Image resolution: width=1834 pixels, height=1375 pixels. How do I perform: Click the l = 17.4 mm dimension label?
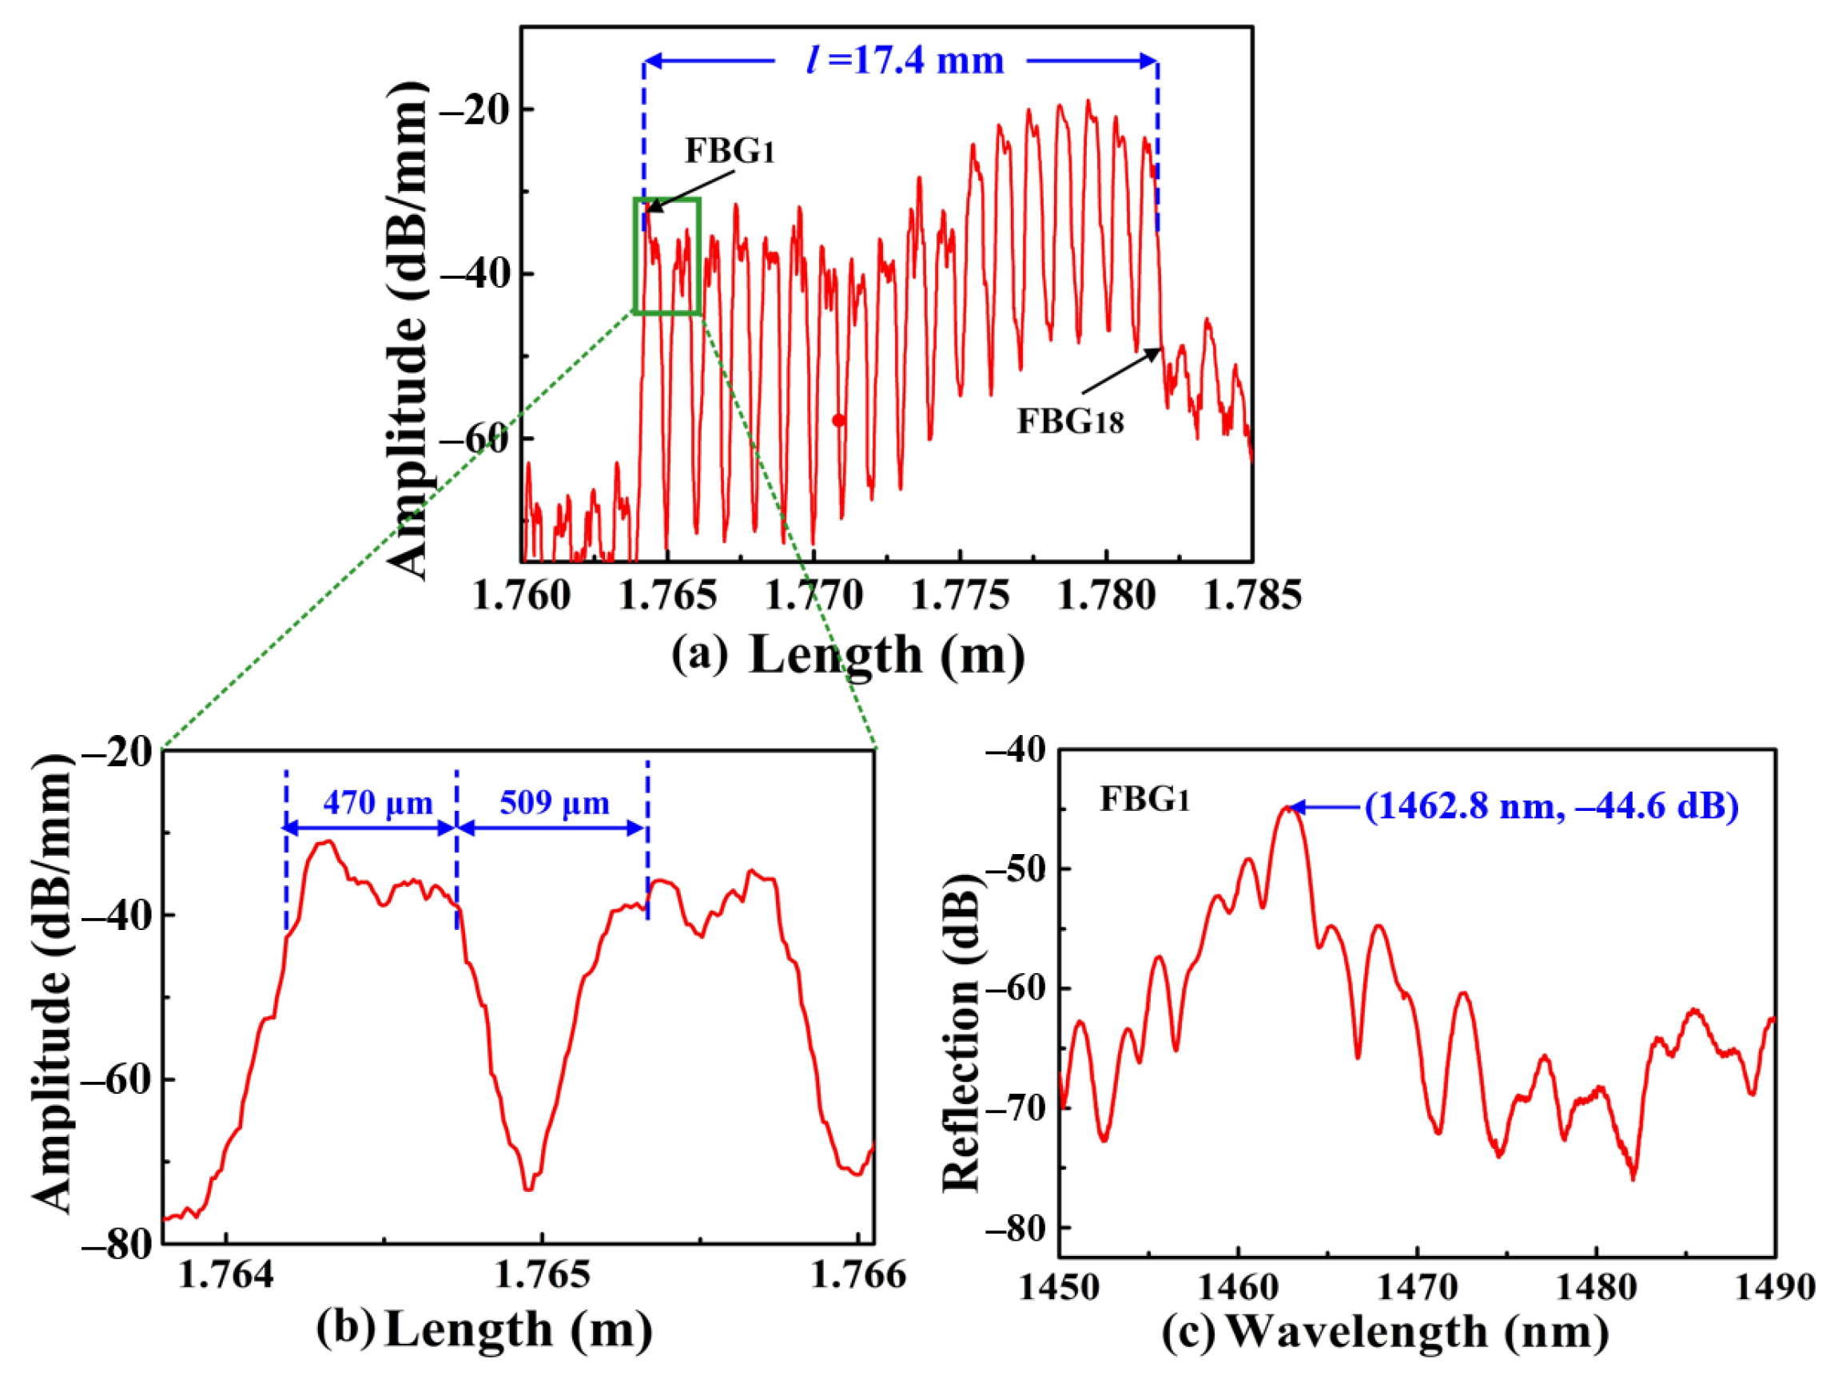pos(905,62)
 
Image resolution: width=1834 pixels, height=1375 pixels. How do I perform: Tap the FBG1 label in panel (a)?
pos(729,152)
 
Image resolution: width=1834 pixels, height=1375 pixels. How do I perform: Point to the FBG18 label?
pos(1070,422)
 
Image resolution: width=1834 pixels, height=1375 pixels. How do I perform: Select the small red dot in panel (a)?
pos(838,420)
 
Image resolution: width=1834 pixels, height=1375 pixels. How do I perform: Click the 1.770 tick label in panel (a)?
pos(814,596)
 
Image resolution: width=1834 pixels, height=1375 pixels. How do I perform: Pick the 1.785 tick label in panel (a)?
pos(1251,596)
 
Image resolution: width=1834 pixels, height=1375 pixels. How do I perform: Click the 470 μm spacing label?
pos(378,802)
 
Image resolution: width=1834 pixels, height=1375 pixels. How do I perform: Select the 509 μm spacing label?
pos(555,802)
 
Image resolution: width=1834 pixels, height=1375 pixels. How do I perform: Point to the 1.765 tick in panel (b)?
pos(543,1274)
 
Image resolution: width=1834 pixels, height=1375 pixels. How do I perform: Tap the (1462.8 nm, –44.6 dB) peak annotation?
pos(1551,806)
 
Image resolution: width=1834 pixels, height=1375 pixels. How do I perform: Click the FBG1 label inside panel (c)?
pos(1144,799)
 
